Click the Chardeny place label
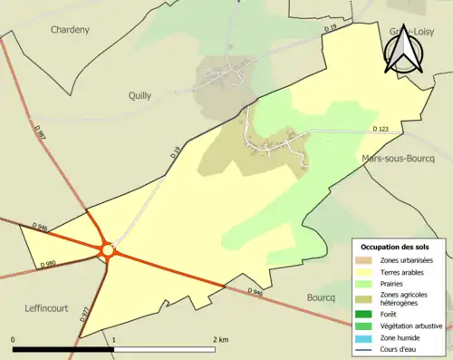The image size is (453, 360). pyautogui.click(x=70, y=29)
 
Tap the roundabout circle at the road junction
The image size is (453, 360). pyautogui.click(x=108, y=249)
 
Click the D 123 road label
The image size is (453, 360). pyautogui.click(x=381, y=131)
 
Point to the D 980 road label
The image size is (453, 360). pyautogui.click(x=51, y=263)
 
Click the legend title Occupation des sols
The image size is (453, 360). pyautogui.click(x=397, y=247)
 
